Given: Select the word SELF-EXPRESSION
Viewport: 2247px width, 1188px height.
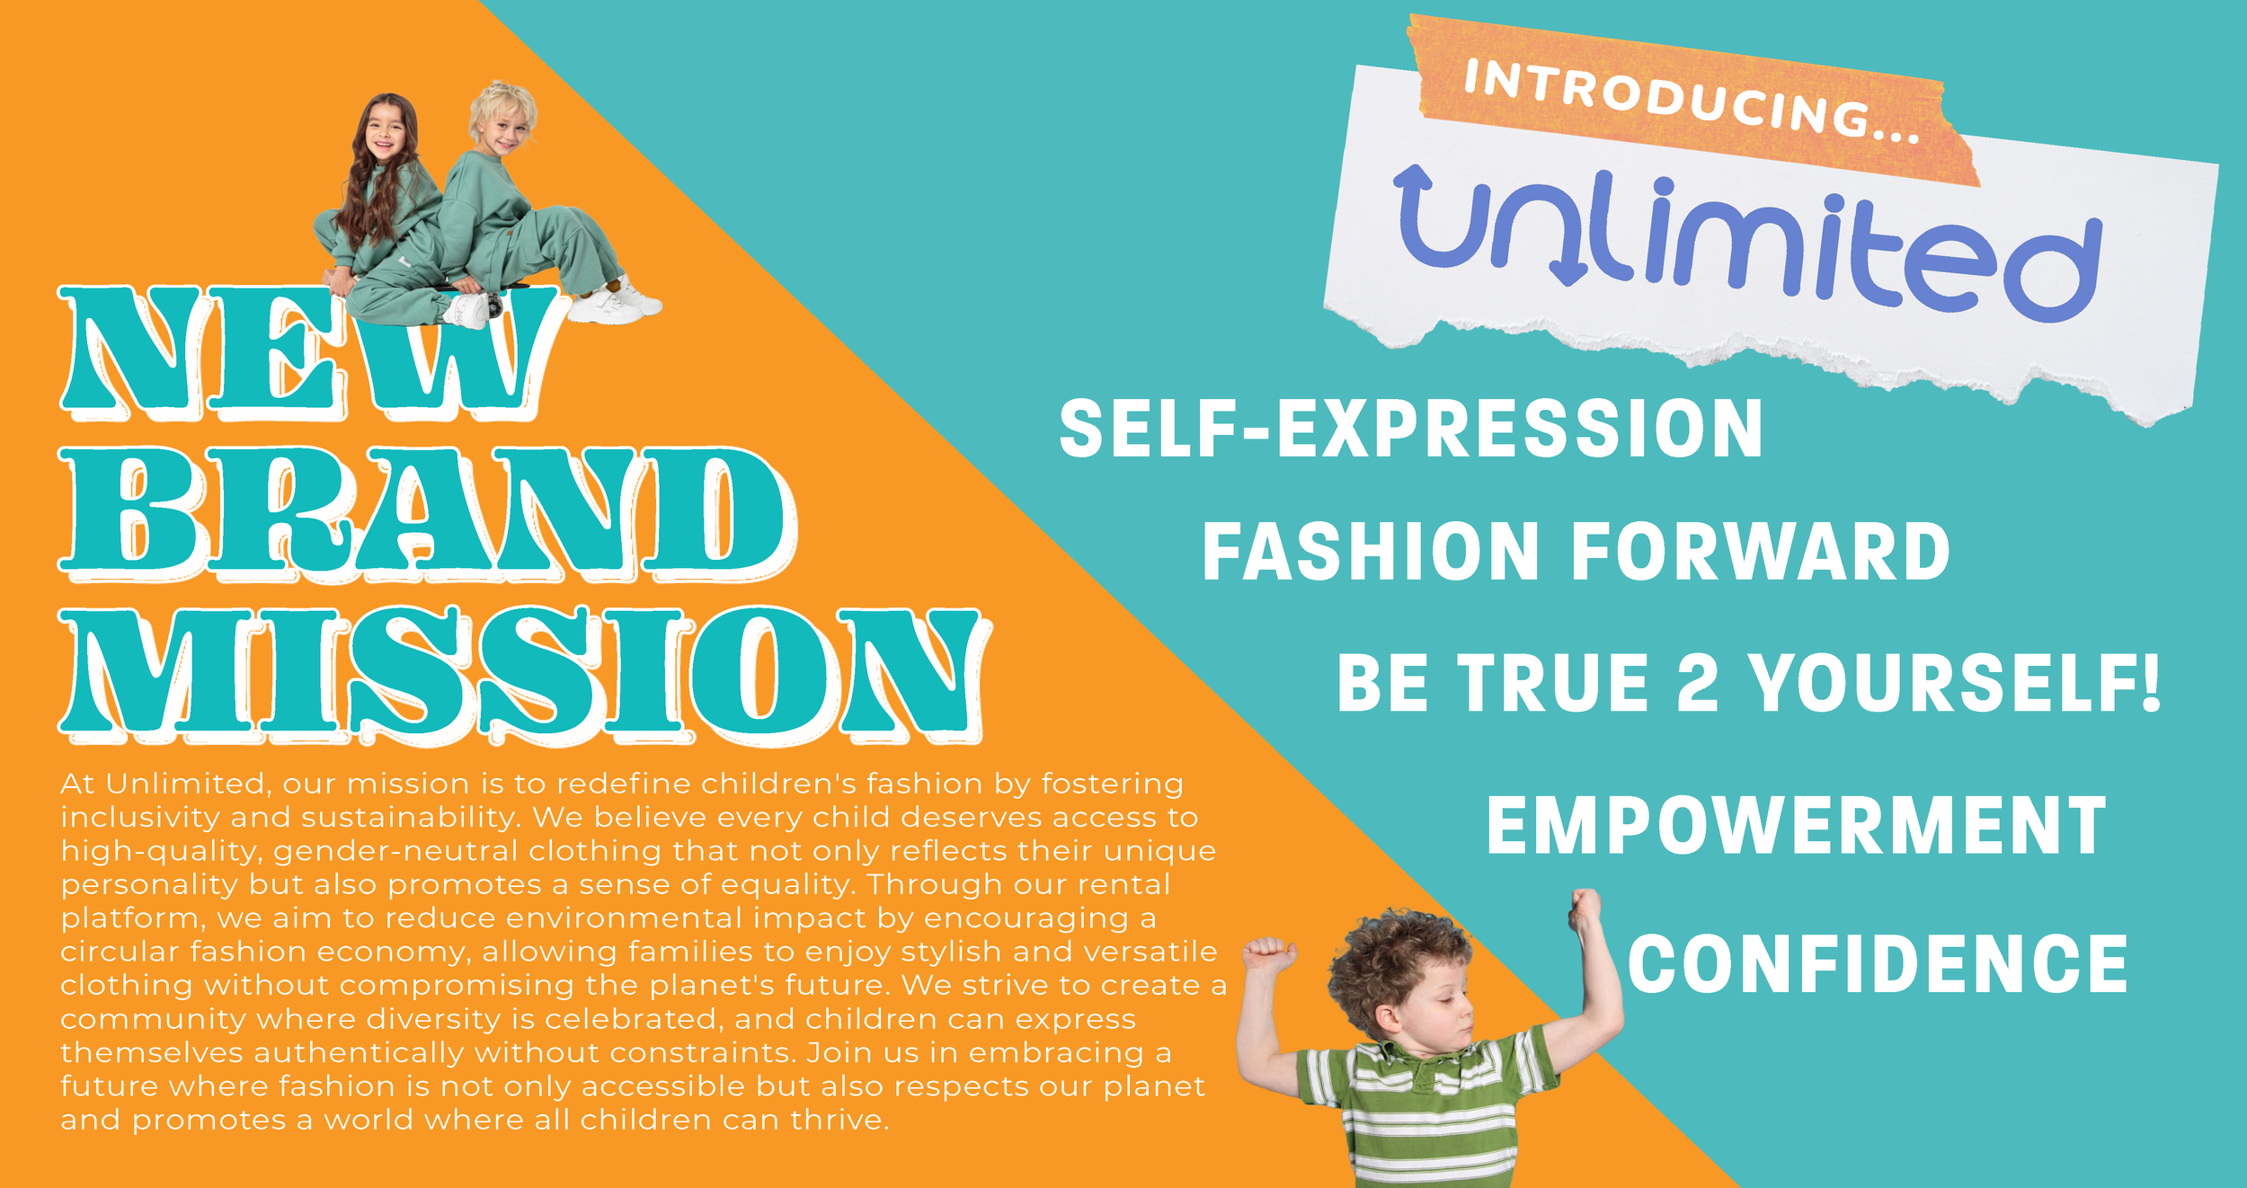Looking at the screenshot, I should [1411, 430].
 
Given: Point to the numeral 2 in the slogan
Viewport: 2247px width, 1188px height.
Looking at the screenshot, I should [1697, 683].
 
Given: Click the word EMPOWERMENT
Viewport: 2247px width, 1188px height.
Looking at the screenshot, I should [1796, 826].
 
